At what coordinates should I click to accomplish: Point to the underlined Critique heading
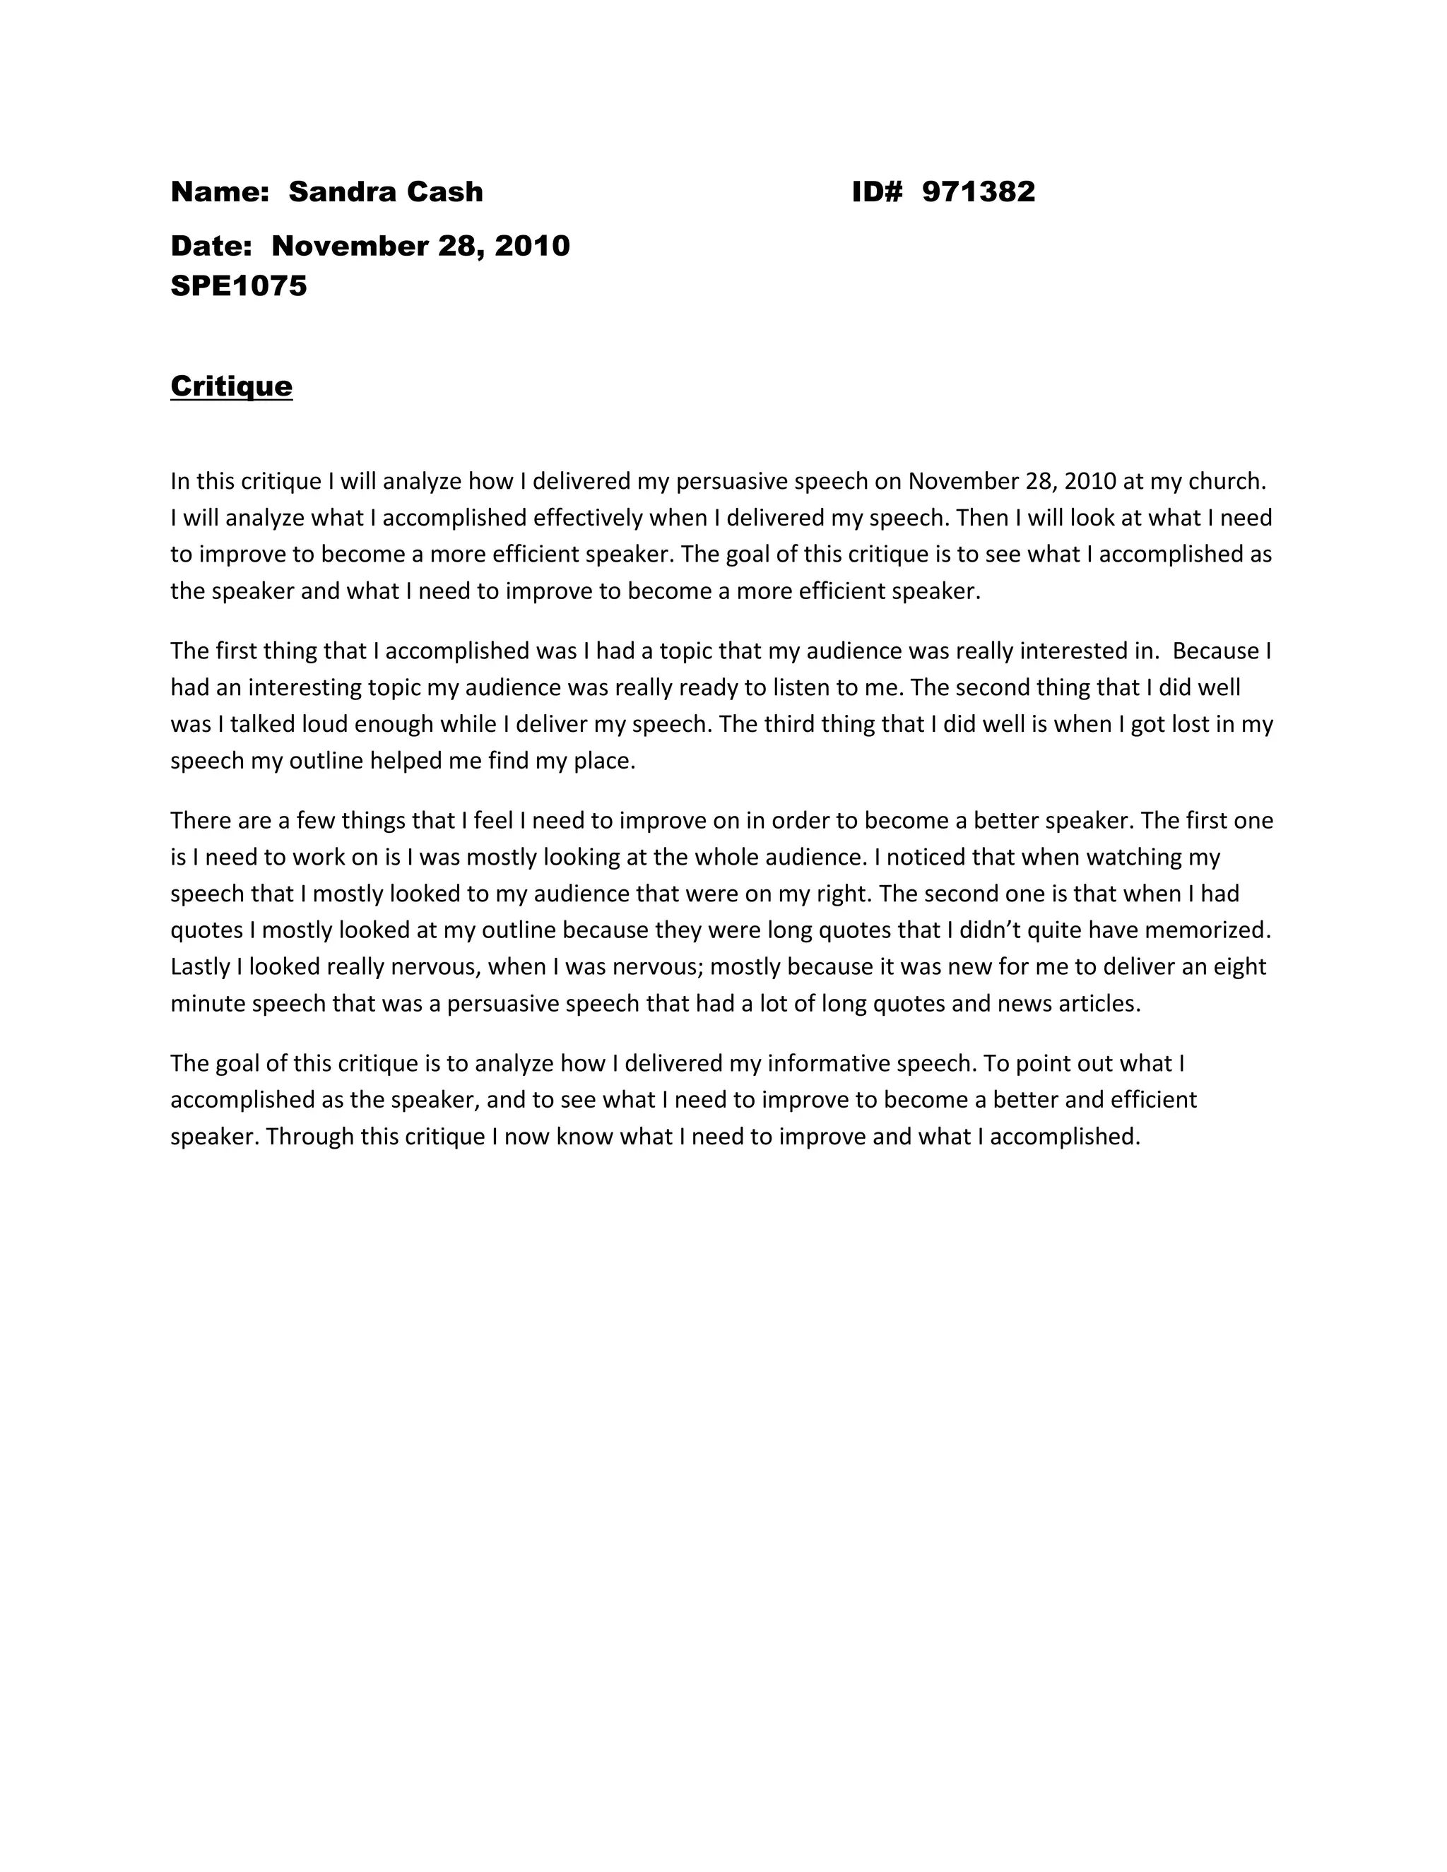pos(232,386)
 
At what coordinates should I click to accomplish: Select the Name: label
pos(220,192)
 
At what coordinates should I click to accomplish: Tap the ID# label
pos(877,192)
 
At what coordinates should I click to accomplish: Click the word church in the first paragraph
pos(1227,481)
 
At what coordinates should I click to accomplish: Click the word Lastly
pos(200,967)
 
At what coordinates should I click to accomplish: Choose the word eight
pos(1239,967)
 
